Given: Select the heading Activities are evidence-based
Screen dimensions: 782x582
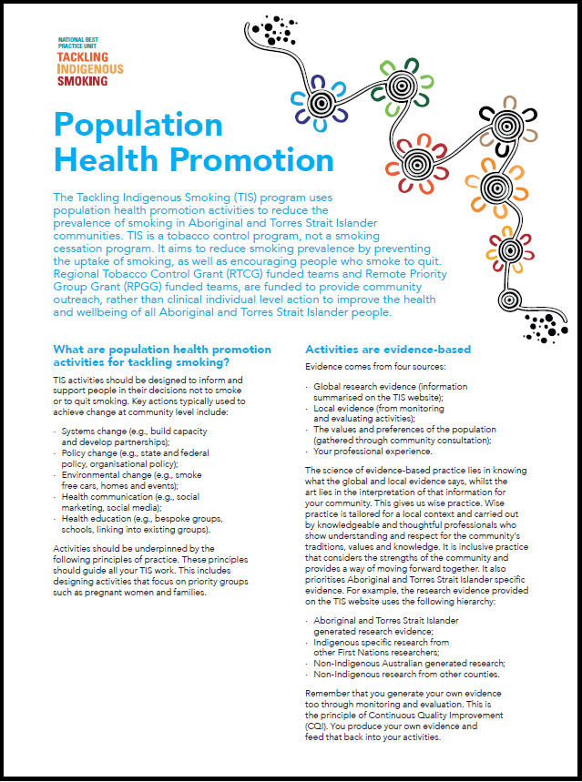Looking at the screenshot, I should coord(388,350).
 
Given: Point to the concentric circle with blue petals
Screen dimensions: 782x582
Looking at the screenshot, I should coord(321,103).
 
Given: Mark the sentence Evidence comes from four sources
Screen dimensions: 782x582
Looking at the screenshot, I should coord(370,366).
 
